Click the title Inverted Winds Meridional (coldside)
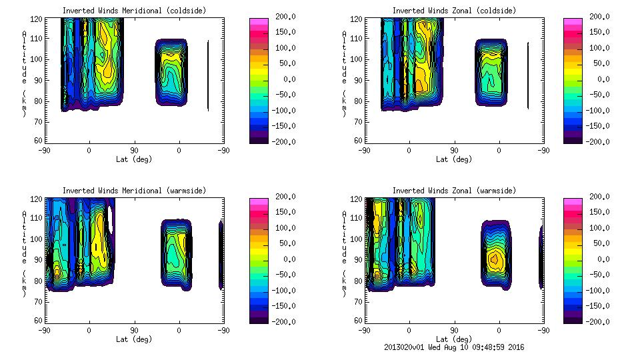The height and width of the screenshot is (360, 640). point(134,11)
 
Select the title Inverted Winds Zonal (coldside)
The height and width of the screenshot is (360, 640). point(454,11)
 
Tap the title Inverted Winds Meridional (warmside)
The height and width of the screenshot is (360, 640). point(134,191)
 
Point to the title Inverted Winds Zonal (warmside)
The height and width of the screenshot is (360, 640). point(454,191)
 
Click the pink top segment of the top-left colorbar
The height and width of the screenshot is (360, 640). point(258,22)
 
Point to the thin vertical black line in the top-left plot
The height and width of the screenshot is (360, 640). point(208,75)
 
